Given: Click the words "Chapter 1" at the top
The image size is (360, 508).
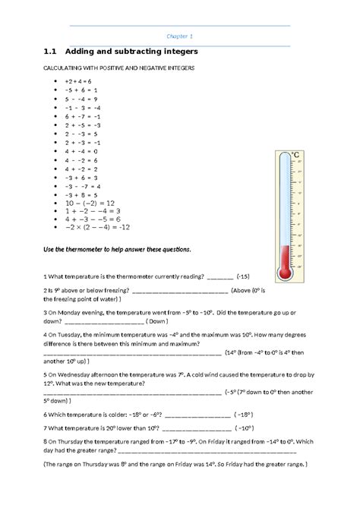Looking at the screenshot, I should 180,36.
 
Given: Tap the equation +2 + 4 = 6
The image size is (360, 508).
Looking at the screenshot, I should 77,80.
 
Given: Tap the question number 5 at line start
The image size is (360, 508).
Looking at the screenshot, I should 46,374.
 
